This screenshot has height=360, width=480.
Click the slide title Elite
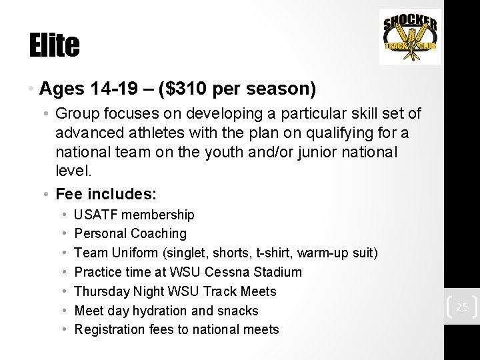[54, 45]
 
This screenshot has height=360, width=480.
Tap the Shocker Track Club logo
[410, 37]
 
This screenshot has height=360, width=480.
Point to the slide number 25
[461, 307]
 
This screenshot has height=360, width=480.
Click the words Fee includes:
[107, 194]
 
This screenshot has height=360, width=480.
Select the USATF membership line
[134, 215]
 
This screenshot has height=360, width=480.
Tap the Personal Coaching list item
[130, 233]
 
